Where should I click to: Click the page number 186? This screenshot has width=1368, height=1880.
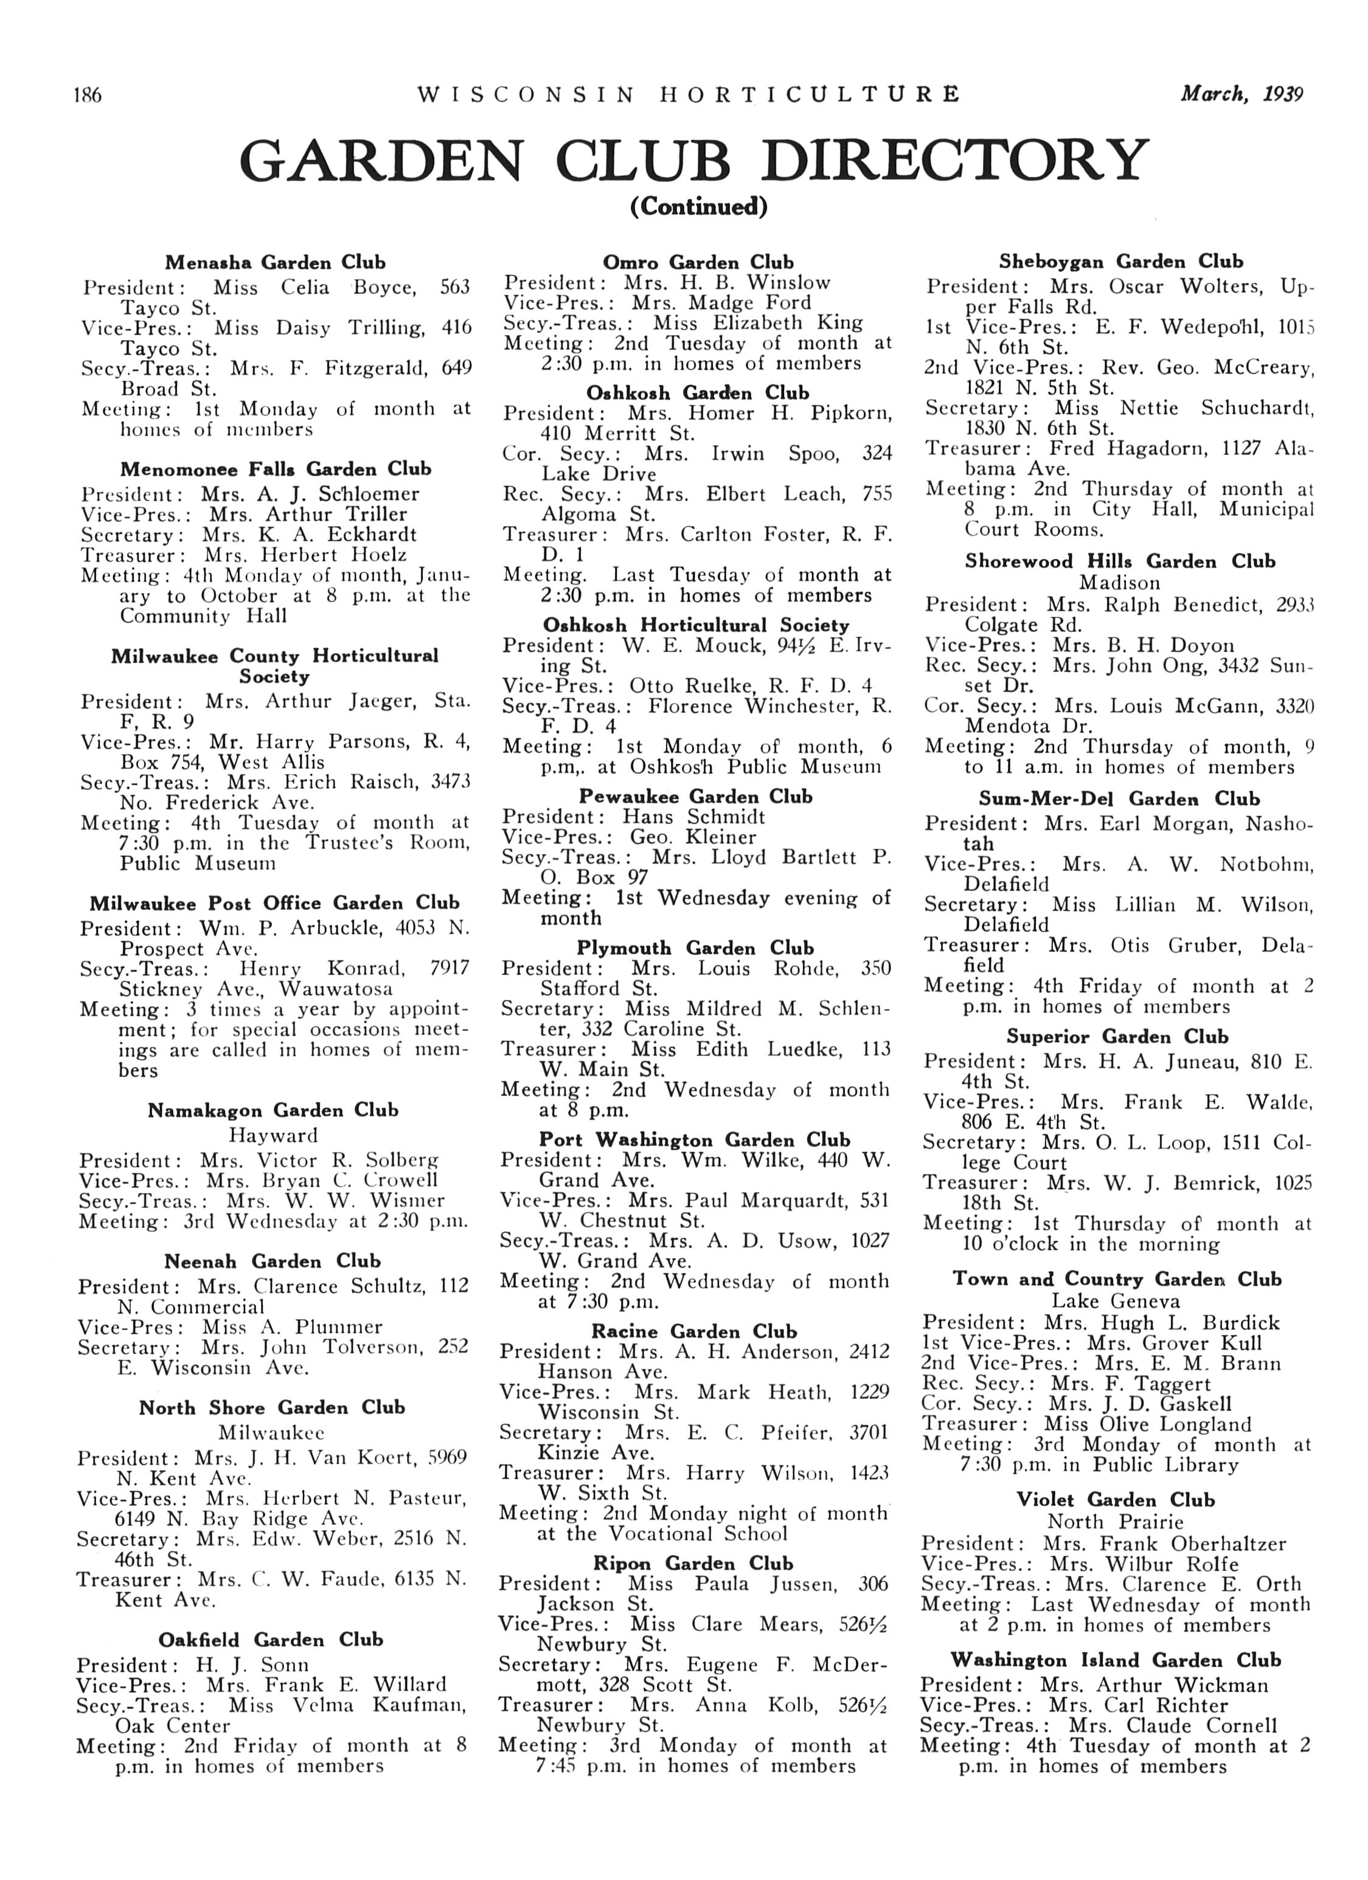pos(87,95)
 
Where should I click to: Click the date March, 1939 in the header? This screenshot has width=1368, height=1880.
pos(1241,94)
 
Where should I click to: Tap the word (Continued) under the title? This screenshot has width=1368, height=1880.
pos(698,206)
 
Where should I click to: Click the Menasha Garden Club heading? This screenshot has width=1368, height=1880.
pos(276,263)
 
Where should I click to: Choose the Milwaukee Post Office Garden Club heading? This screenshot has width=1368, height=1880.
pos(274,903)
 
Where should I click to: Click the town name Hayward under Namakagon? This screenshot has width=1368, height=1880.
pos(274,1135)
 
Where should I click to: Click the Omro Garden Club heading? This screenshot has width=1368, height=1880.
pos(698,263)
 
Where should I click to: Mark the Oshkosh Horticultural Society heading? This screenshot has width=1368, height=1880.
pos(696,625)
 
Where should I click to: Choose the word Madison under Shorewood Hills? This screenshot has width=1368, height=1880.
pos(1119,583)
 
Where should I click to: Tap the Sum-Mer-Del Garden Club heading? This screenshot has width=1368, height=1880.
pos(1119,799)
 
